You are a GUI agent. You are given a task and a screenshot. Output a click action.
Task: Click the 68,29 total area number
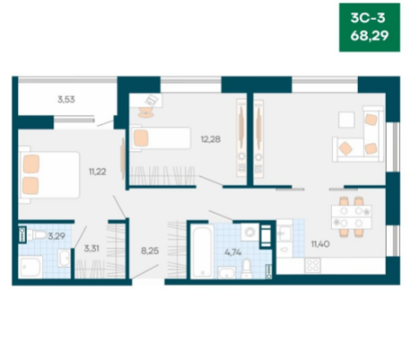[x=370, y=36]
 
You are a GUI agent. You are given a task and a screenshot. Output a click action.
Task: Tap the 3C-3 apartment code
[x=368, y=18]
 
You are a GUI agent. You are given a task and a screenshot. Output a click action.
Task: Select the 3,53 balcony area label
[x=66, y=99]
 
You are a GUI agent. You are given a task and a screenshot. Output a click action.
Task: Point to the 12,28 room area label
[x=211, y=139]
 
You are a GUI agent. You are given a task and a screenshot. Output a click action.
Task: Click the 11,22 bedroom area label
[x=97, y=172]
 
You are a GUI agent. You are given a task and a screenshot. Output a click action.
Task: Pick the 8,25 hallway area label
[x=150, y=251]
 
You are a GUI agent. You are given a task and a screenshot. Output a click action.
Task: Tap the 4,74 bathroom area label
[x=233, y=253]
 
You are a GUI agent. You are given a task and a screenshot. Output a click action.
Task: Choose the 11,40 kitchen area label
[x=320, y=244]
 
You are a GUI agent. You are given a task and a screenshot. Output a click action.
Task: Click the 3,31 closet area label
[x=91, y=248]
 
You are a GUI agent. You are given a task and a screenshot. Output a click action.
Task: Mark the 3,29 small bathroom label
[x=56, y=237]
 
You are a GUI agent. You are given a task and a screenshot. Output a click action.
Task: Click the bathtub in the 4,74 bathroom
[x=202, y=252]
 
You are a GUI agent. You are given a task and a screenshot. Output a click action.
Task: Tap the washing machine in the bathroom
[x=250, y=232]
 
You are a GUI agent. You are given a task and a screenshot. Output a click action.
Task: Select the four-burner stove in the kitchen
[x=312, y=265]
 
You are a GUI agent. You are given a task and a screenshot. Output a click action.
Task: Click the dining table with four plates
[x=352, y=217]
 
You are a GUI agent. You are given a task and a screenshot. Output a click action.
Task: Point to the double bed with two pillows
[x=49, y=175]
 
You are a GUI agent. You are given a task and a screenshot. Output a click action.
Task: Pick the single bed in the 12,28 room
[x=160, y=138]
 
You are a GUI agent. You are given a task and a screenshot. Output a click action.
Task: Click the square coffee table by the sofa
[x=346, y=120]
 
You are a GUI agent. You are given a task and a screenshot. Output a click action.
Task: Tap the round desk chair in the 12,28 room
[x=146, y=113]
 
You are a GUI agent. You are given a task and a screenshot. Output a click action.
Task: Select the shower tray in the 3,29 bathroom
[x=30, y=267]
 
